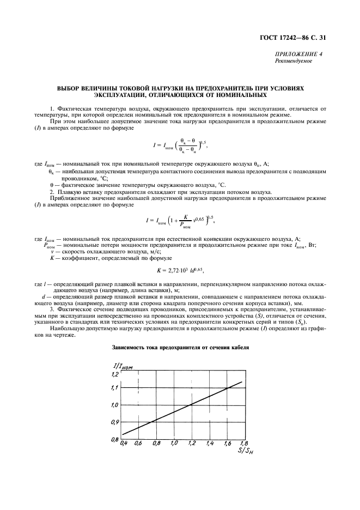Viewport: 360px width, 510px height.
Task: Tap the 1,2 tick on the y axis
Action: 114,375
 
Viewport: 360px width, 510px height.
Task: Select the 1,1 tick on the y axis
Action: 114,388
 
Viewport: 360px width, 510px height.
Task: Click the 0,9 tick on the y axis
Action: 114,422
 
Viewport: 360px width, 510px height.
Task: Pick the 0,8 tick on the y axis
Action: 114,439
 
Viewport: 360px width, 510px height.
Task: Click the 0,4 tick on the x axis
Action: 123,444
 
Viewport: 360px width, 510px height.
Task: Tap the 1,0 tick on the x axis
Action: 174,444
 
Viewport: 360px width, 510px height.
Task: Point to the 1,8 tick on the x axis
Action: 243,444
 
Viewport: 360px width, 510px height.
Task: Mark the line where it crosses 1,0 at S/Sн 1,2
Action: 191,405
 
